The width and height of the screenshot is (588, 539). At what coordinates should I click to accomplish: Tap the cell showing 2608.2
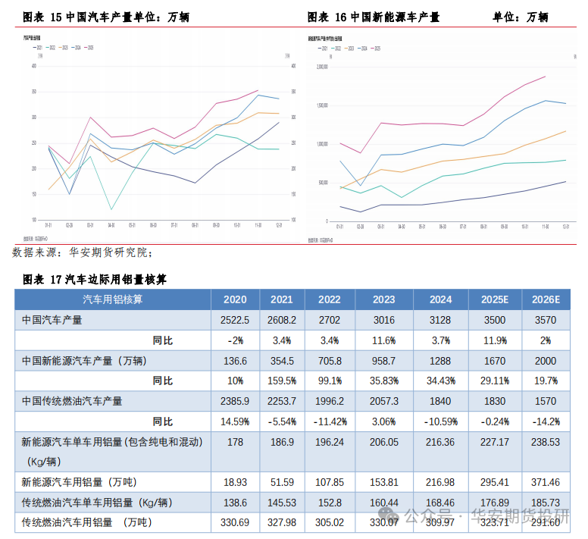click(281, 320)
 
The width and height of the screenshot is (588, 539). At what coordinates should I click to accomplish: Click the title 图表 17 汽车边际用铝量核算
click(95, 280)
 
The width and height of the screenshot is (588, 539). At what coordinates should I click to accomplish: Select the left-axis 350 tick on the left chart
click(33, 92)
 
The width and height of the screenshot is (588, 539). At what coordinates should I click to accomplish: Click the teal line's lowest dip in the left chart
click(111, 209)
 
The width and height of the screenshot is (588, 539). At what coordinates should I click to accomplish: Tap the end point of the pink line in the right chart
click(545, 76)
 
